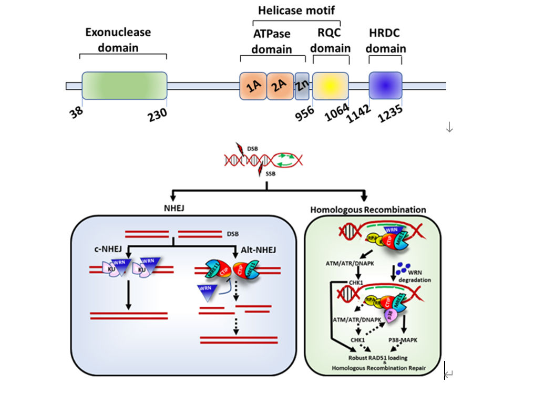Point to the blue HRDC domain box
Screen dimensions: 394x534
click(385, 85)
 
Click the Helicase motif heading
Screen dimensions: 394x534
click(296, 10)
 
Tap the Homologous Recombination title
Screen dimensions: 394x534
click(368, 210)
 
